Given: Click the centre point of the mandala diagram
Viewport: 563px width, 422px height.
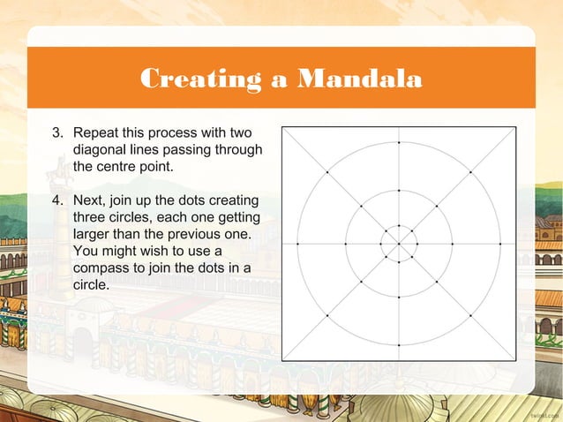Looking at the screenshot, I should [x=399, y=243].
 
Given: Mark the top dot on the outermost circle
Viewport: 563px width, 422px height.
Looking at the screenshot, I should [x=399, y=142].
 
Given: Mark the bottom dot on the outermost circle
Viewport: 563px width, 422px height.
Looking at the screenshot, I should [x=399, y=344].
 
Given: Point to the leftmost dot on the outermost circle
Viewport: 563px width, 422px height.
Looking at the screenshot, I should [x=297, y=243].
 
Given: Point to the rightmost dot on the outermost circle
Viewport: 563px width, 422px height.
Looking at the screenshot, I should [x=500, y=243].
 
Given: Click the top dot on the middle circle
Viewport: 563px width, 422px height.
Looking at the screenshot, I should [x=399, y=190].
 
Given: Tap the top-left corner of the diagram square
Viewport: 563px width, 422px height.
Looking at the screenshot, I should [x=282, y=126].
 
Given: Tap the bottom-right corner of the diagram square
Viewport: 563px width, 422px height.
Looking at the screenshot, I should [x=516, y=360].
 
